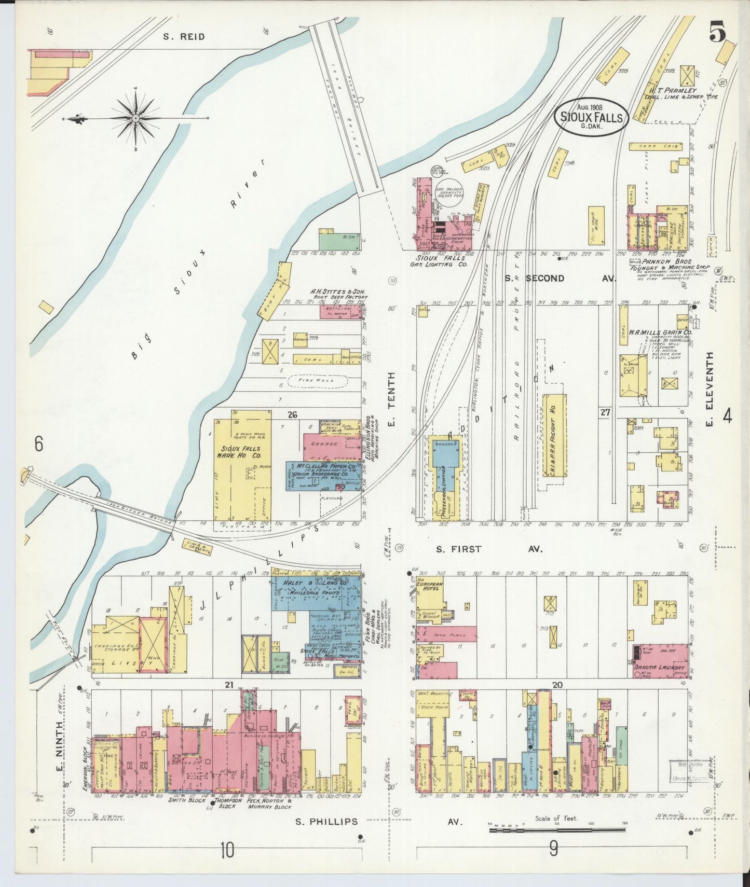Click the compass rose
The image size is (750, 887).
[136, 118]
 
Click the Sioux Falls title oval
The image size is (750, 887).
[591, 117]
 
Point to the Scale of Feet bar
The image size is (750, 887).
[559, 831]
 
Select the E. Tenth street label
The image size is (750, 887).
[392, 399]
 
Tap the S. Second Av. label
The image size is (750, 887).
[560, 279]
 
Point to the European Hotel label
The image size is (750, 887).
[430, 587]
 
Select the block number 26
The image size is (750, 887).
[292, 414]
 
